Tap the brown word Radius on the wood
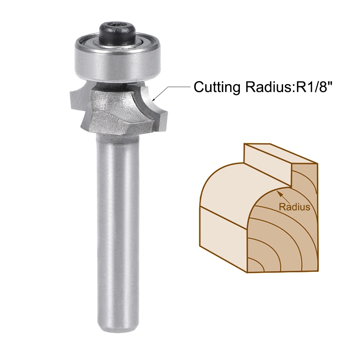[x=294, y=207]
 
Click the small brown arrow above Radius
[x=282, y=196]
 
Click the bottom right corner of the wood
[x=318, y=271]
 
